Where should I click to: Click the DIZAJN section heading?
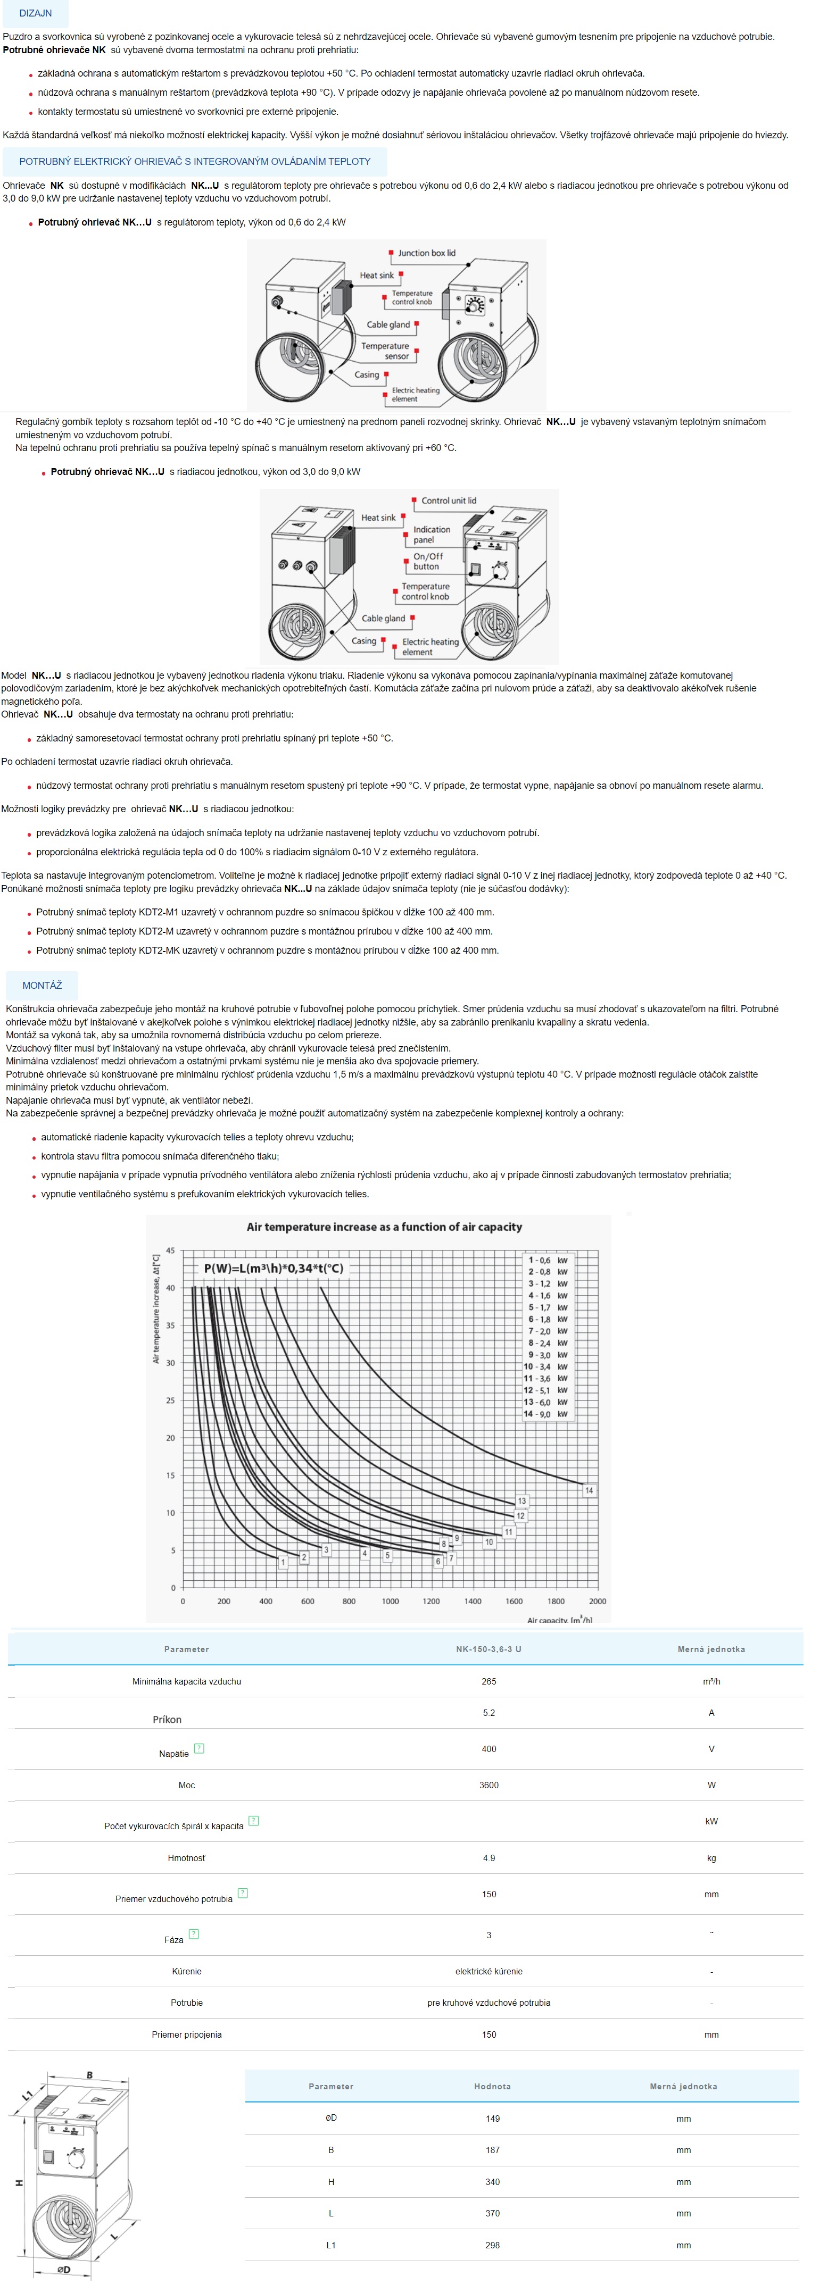coord(36,13)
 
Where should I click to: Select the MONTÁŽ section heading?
coord(42,986)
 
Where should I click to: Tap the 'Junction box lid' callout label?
coord(426,253)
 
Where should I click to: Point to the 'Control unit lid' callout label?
coord(449,501)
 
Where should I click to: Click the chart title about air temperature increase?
coord(384,1227)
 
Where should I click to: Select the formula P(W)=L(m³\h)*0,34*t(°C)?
coord(274,1269)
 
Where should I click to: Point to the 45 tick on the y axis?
coord(170,1250)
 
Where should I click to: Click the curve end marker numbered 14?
coord(589,1490)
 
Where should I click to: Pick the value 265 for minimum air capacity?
coord(489,1681)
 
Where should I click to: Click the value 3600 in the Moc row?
coord(489,1785)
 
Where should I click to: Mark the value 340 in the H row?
coord(492,2182)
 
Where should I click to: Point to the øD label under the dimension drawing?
coord(63,2270)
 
